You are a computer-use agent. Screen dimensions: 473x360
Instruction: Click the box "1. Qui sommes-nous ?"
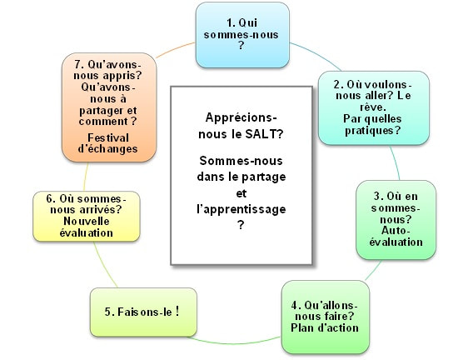point(242,35)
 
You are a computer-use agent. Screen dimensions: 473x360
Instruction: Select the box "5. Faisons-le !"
point(143,312)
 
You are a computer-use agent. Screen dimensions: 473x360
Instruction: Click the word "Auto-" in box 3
point(396,231)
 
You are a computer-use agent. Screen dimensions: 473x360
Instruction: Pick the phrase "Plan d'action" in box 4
point(325,327)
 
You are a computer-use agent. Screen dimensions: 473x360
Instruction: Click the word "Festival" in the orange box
point(108,137)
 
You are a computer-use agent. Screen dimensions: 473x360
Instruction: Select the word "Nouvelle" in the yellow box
point(87,221)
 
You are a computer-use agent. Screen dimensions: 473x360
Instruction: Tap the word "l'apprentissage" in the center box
point(241,209)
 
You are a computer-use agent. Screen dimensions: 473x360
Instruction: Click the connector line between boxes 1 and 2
point(316,54)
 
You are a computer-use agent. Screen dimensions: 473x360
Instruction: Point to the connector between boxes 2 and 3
point(396,163)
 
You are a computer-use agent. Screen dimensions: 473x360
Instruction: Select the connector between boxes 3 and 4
point(373,271)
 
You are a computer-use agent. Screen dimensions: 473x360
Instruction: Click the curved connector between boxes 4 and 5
point(234,342)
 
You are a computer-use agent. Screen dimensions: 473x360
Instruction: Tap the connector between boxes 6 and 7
point(86,177)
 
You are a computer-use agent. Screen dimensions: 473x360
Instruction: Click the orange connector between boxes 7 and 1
point(175,49)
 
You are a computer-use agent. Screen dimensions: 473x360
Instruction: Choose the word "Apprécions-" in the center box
point(241,117)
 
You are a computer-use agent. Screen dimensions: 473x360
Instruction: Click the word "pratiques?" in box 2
point(373,131)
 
